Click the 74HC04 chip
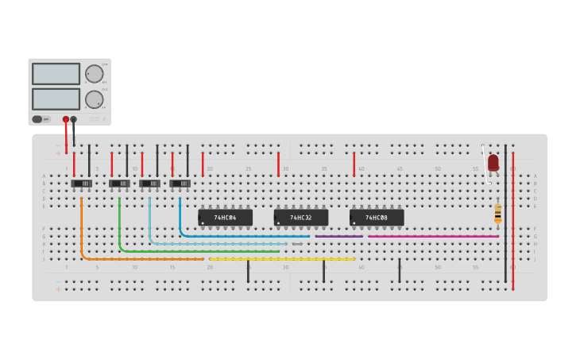[x=226, y=217]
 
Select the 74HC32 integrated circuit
[x=301, y=217]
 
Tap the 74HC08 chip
[x=377, y=217]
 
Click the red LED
[x=493, y=163]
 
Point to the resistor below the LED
[x=498, y=213]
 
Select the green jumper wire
[x=199, y=251]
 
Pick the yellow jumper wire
[x=282, y=259]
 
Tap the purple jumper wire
[x=338, y=236]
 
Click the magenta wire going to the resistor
[x=433, y=236]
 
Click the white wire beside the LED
[x=485, y=163]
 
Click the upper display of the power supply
[x=56, y=74]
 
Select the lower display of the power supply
[x=56, y=99]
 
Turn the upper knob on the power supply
[x=95, y=74]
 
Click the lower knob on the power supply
[x=95, y=99]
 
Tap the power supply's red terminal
[x=66, y=119]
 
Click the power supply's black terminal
[x=74, y=119]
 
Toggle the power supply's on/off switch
[x=37, y=119]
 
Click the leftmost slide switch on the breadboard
[x=82, y=184]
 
